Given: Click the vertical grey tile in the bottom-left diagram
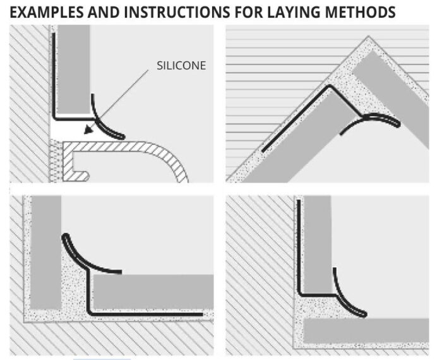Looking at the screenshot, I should pyautogui.click(x=45, y=253).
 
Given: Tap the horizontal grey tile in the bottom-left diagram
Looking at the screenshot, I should pyautogui.click(x=152, y=292).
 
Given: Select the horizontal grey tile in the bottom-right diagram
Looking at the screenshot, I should pyautogui.click(x=366, y=330).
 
